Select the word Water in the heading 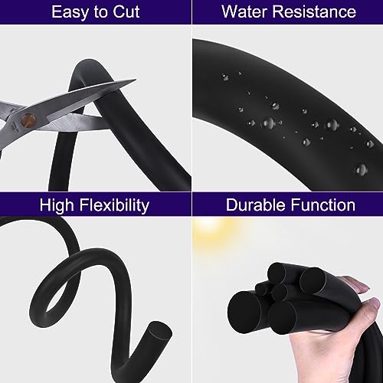pos(241,13)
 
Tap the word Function pos(325,205)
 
